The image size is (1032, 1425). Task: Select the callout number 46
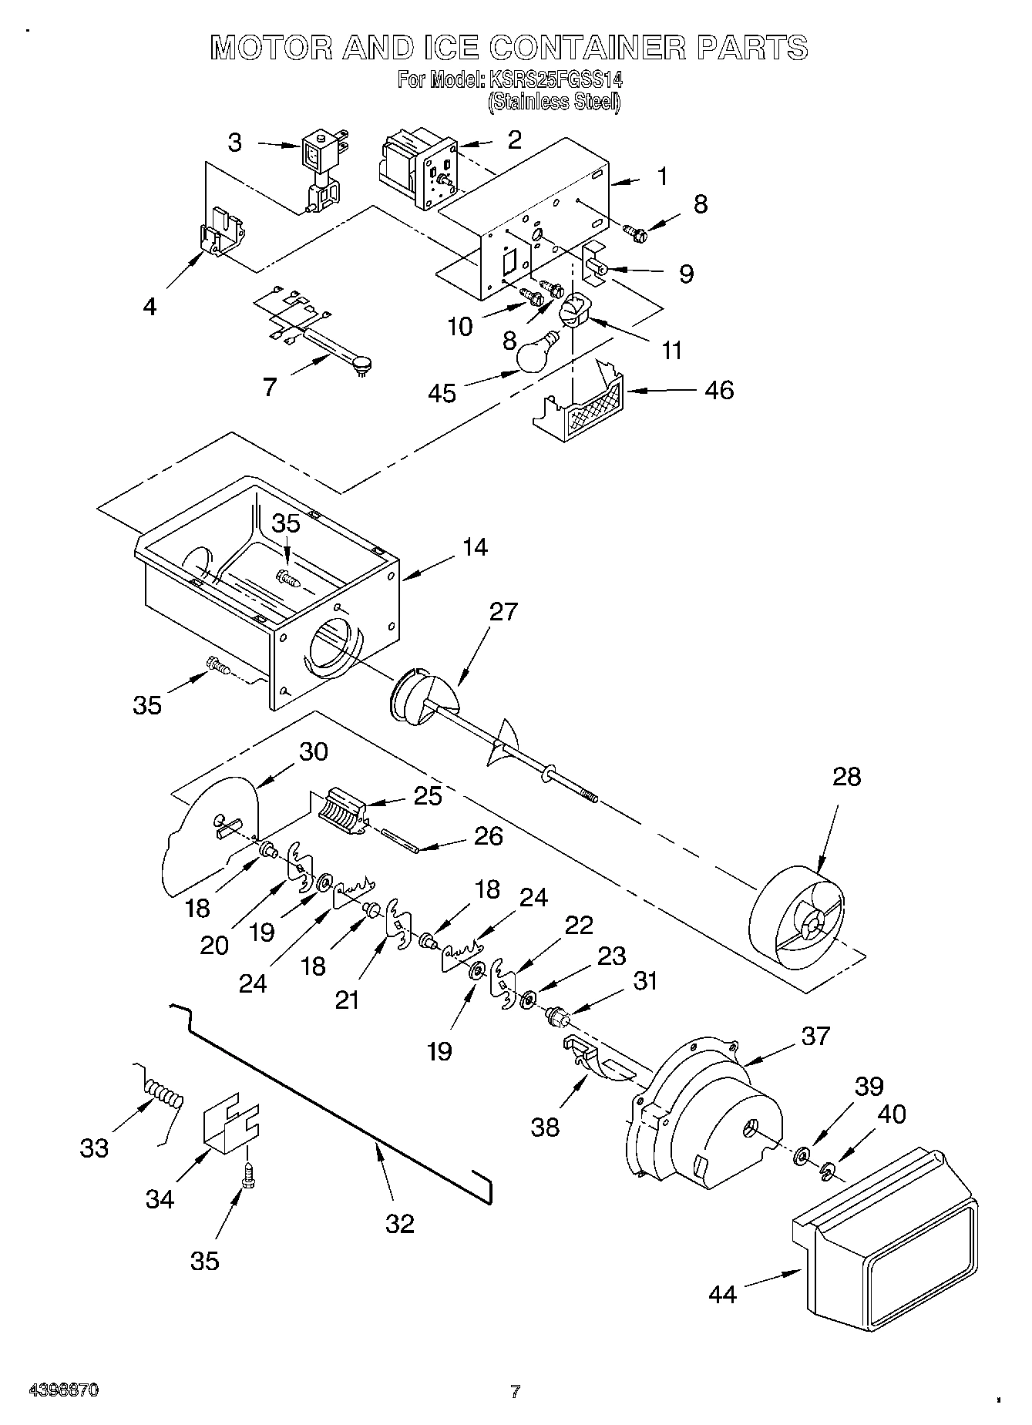719,390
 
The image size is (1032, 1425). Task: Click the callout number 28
846,776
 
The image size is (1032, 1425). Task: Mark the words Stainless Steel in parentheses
553,101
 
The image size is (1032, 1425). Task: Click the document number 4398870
63,1391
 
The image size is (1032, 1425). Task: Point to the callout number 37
815,1037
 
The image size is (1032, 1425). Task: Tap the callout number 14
475,547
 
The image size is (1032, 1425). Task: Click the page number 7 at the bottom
515,1391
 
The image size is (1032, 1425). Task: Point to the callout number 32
400,1223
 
